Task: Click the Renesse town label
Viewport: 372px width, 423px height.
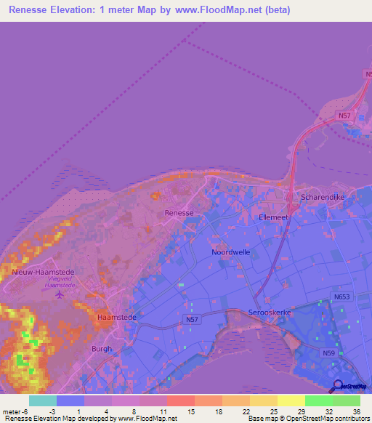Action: point(179,213)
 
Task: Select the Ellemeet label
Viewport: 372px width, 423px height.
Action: point(275,217)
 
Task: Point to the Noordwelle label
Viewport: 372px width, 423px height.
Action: point(230,251)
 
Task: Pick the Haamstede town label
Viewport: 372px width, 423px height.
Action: point(114,318)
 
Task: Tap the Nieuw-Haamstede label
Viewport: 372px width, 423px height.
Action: point(44,272)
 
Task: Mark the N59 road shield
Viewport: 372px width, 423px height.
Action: point(329,353)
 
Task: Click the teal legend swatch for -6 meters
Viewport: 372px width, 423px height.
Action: point(43,400)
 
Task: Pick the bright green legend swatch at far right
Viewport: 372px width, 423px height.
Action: point(347,400)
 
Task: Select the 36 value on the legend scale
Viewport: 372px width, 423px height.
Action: point(355,411)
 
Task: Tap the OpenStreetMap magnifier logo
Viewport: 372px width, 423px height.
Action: point(337,386)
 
